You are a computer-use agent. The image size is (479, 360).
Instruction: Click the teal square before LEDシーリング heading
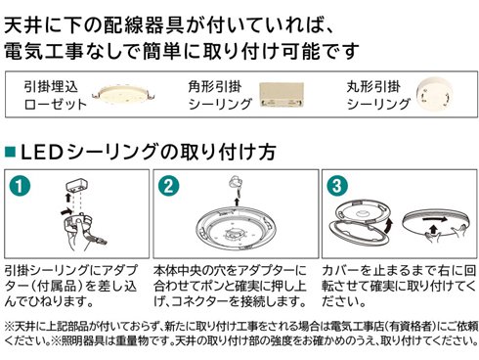(x=11, y=153)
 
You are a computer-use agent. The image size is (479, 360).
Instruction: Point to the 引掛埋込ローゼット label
(x=49, y=95)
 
